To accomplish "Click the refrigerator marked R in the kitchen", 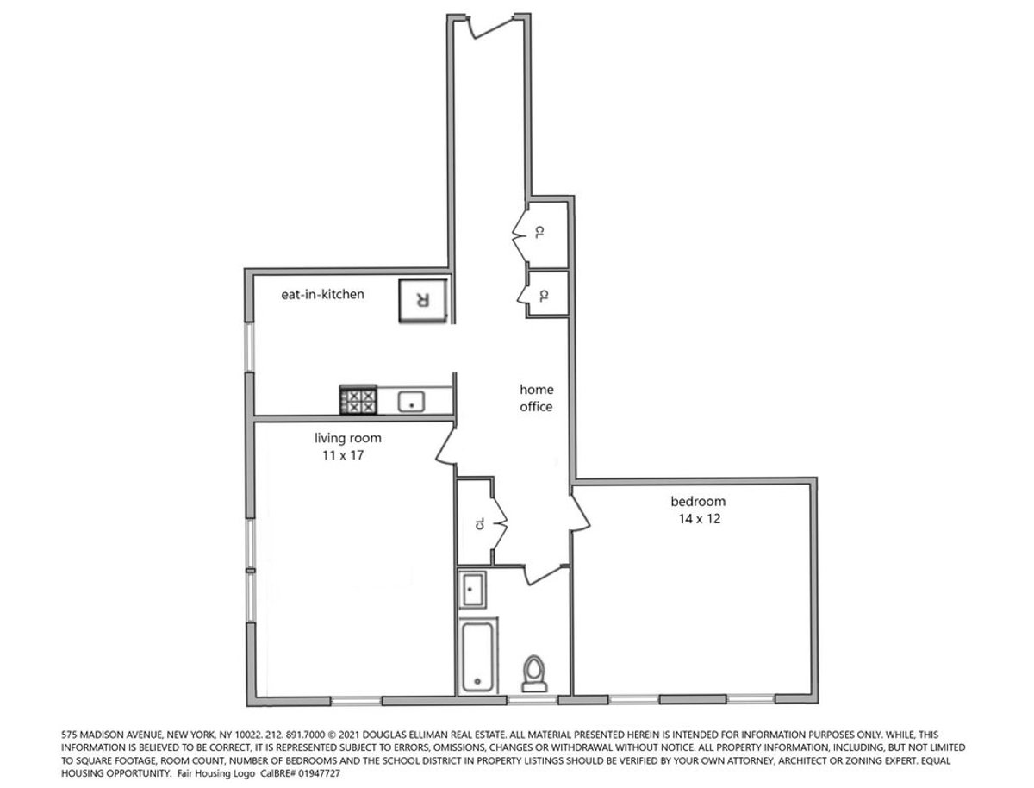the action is [x=422, y=301].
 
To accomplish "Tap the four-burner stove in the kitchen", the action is [x=358, y=400].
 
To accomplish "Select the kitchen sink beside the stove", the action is [x=411, y=402].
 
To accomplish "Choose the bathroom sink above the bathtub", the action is [x=472, y=590].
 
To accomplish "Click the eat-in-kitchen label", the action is [x=322, y=295].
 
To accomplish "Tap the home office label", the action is [x=536, y=397].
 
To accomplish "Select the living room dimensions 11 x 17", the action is [x=343, y=455].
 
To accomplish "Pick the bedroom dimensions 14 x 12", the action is [x=700, y=519].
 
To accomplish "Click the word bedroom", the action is [x=698, y=501].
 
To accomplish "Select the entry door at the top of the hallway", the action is [x=491, y=27].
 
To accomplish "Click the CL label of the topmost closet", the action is [x=540, y=232].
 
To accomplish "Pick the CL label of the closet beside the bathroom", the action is [x=480, y=523].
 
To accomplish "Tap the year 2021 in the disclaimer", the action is [x=346, y=735].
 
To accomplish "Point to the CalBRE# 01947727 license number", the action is [x=301, y=774].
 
